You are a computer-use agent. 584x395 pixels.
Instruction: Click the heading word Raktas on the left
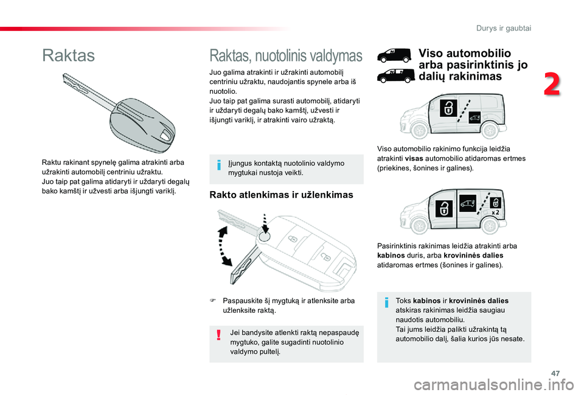(69, 55)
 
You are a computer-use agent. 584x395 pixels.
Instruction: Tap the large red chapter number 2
(552, 85)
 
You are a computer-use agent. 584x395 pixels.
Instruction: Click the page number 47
(555, 373)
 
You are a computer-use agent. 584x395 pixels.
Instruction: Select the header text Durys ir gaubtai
(504, 29)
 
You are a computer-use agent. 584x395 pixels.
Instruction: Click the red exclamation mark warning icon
(218, 335)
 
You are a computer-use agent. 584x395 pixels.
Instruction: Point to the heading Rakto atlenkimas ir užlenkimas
(281, 195)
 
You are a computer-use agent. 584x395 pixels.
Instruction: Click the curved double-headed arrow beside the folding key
(223, 246)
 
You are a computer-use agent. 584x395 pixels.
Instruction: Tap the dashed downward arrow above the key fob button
(265, 223)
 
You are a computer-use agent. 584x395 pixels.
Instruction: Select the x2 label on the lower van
(495, 212)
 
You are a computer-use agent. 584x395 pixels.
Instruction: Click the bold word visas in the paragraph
(414, 158)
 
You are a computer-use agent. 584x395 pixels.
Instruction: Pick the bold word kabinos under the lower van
(391, 256)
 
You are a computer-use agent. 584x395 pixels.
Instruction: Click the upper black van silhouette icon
(394, 55)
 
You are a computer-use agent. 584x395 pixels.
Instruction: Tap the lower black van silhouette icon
(395, 75)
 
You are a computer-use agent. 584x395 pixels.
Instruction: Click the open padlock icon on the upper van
(448, 108)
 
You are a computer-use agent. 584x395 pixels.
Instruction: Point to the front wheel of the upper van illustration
(420, 130)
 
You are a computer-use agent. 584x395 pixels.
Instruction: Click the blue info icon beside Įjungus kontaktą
(219, 164)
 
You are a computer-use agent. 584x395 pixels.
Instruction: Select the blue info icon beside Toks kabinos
(387, 302)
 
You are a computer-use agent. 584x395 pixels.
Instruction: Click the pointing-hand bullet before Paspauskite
(213, 300)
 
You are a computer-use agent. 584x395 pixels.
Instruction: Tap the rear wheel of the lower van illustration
(489, 226)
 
